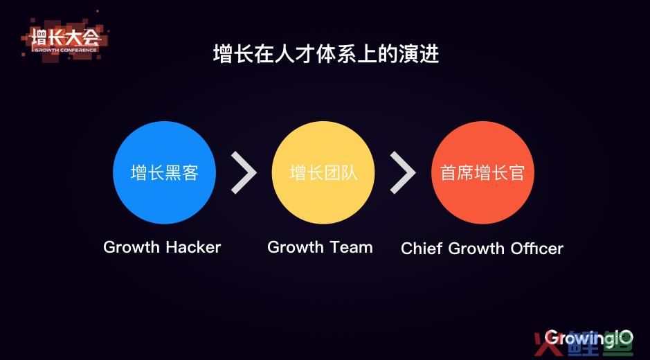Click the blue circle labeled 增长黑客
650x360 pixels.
(x=164, y=172)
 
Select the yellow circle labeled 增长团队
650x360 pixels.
(x=323, y=172)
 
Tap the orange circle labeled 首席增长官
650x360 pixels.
(x=482, y=172)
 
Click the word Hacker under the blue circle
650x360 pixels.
(x=193, y=247)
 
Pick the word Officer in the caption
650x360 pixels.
(x=537, y=249)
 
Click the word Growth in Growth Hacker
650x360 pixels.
(x=132, y=247)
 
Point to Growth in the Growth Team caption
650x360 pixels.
(x=296, y=247)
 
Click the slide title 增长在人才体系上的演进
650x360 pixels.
(x=326, y=54)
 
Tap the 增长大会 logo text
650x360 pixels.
(x=66, y=38)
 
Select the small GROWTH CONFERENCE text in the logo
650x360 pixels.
(x=66, y=50)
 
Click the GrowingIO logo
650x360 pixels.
(x=588, y=338)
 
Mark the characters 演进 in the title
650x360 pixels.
(x=419, y=54)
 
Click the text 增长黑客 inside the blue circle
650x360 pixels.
(x=165, y=172)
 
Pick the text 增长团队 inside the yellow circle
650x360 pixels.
(x=323, y=172)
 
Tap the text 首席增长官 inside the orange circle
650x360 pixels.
(x=482, y=172)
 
